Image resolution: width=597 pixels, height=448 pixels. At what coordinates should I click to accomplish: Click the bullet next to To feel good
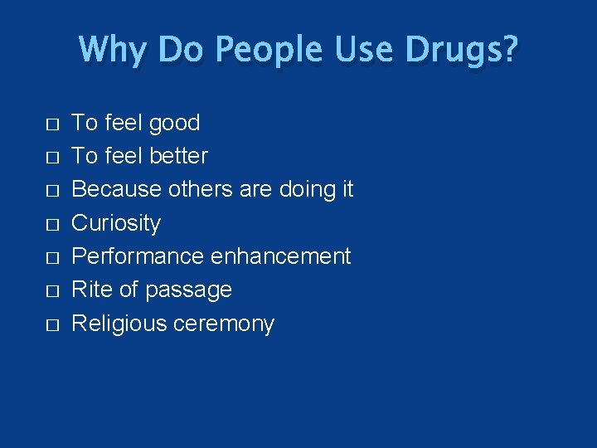pyautogui.click(x=52, y=124)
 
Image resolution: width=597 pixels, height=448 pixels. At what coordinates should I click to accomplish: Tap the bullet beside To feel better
pyautogui.click(x=52, y=158)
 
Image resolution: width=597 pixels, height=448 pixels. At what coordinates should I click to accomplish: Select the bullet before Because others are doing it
pyautogui.click(x=52, y=191)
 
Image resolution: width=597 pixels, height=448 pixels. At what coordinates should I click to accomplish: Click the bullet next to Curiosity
pyautogui.click(x=52, y=225)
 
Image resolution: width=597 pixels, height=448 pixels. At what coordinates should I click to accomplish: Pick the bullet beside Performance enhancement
pyautogui.click(x=52, y=258)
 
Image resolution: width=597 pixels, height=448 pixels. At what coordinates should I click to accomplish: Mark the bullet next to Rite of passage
pyautogui.click(x=52, y=291)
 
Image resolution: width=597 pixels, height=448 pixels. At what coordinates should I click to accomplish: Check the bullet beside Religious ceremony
pyautogui.click(x=52, y=325)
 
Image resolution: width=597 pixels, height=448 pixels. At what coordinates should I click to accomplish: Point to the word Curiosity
pyautogui.click(x=116, y=223)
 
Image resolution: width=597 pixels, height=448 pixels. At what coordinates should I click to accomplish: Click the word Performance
pyautogui.click(x=138, y=256)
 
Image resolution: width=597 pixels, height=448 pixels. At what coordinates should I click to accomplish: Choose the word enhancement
pyautogui.click(x=280, y=256)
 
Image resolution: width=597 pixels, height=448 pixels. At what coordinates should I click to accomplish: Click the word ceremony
pyautogui.click(x=224, y=324)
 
